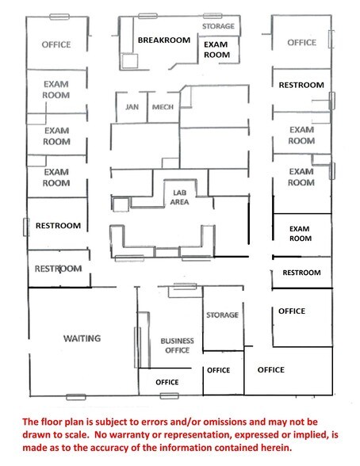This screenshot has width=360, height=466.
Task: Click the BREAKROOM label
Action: [x=163, y=39]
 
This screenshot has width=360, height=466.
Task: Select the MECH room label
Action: [x=163, y=106]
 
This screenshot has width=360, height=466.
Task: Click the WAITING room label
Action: [x=82, y=338]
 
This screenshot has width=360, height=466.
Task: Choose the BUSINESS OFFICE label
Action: [x=177, y=346]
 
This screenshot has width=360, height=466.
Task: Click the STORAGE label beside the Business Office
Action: [x=222, y=315]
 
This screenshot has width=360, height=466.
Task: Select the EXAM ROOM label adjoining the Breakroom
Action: [x=216, y=49]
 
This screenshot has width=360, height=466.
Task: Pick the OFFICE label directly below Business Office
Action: [x=167, y=382]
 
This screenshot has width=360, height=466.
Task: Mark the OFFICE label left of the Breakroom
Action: [x=56, y=44]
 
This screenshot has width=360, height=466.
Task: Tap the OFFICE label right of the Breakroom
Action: [x=301, y=43]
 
